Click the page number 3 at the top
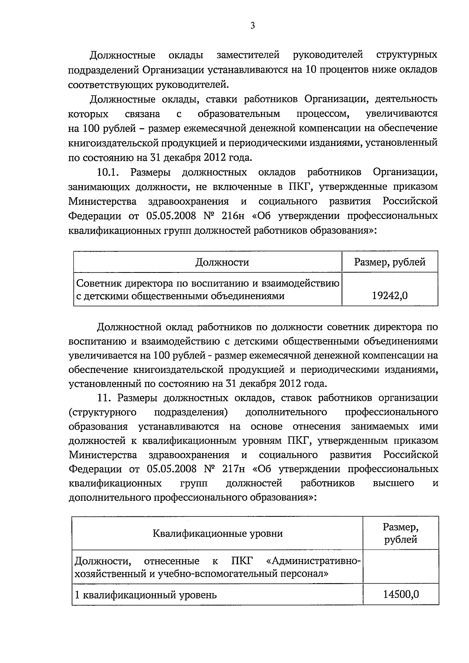tap(252, 26)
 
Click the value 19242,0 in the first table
tap(390, 296)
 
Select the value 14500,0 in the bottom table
tap(401, 595)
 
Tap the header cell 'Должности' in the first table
tap(222, 262)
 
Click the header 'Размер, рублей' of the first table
tap(390, 262)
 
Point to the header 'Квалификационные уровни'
tap(218, 533)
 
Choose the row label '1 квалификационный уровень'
tap(145, 595)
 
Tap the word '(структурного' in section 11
tap(102, 412)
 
